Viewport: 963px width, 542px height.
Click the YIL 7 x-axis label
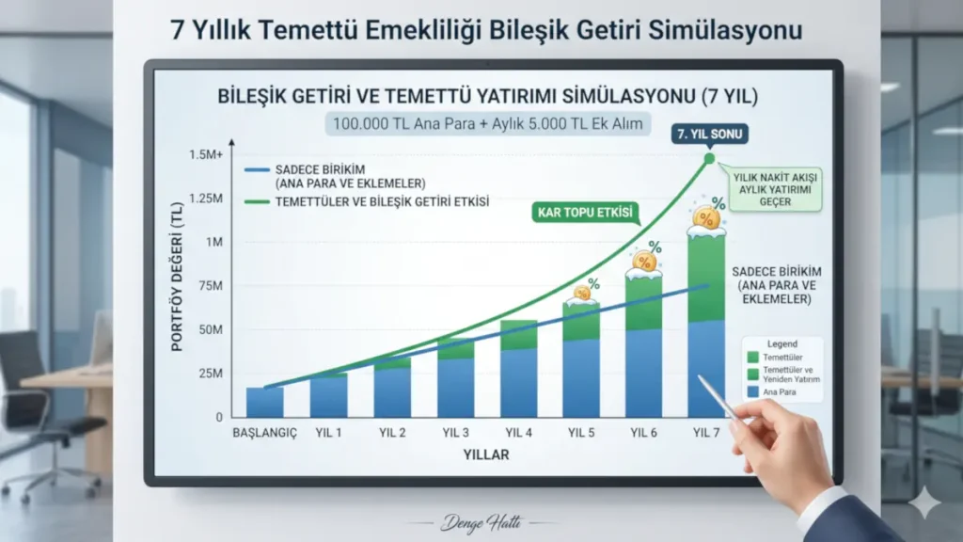pos(706,433)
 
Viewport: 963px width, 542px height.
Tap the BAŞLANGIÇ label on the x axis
pos(264,433)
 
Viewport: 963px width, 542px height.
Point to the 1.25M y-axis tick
pos(205,199)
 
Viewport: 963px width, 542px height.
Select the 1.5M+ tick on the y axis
pos(206,155)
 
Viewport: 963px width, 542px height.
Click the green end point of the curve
pos(710,158)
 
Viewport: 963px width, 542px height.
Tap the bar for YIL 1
pos(328,395)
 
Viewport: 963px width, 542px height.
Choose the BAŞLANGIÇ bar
pos(264,402)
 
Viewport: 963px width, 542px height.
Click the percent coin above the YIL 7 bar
pos(706,217)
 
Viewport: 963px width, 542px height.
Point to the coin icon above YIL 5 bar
pos(582,293)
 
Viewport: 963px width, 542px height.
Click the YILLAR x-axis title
pos(485,454)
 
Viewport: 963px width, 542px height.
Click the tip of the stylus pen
pos(700,377)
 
